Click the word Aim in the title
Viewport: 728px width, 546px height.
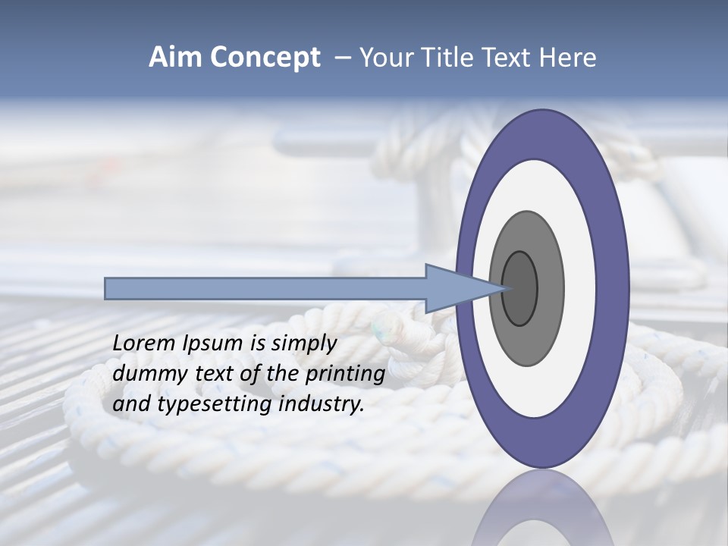pos(177,58)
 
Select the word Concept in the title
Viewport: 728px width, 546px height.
pos(265,58)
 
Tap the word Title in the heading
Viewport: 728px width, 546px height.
pos(446,58)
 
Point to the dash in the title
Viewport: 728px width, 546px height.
pos(343,58)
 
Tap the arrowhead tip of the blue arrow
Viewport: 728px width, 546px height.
pos(504,288)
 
